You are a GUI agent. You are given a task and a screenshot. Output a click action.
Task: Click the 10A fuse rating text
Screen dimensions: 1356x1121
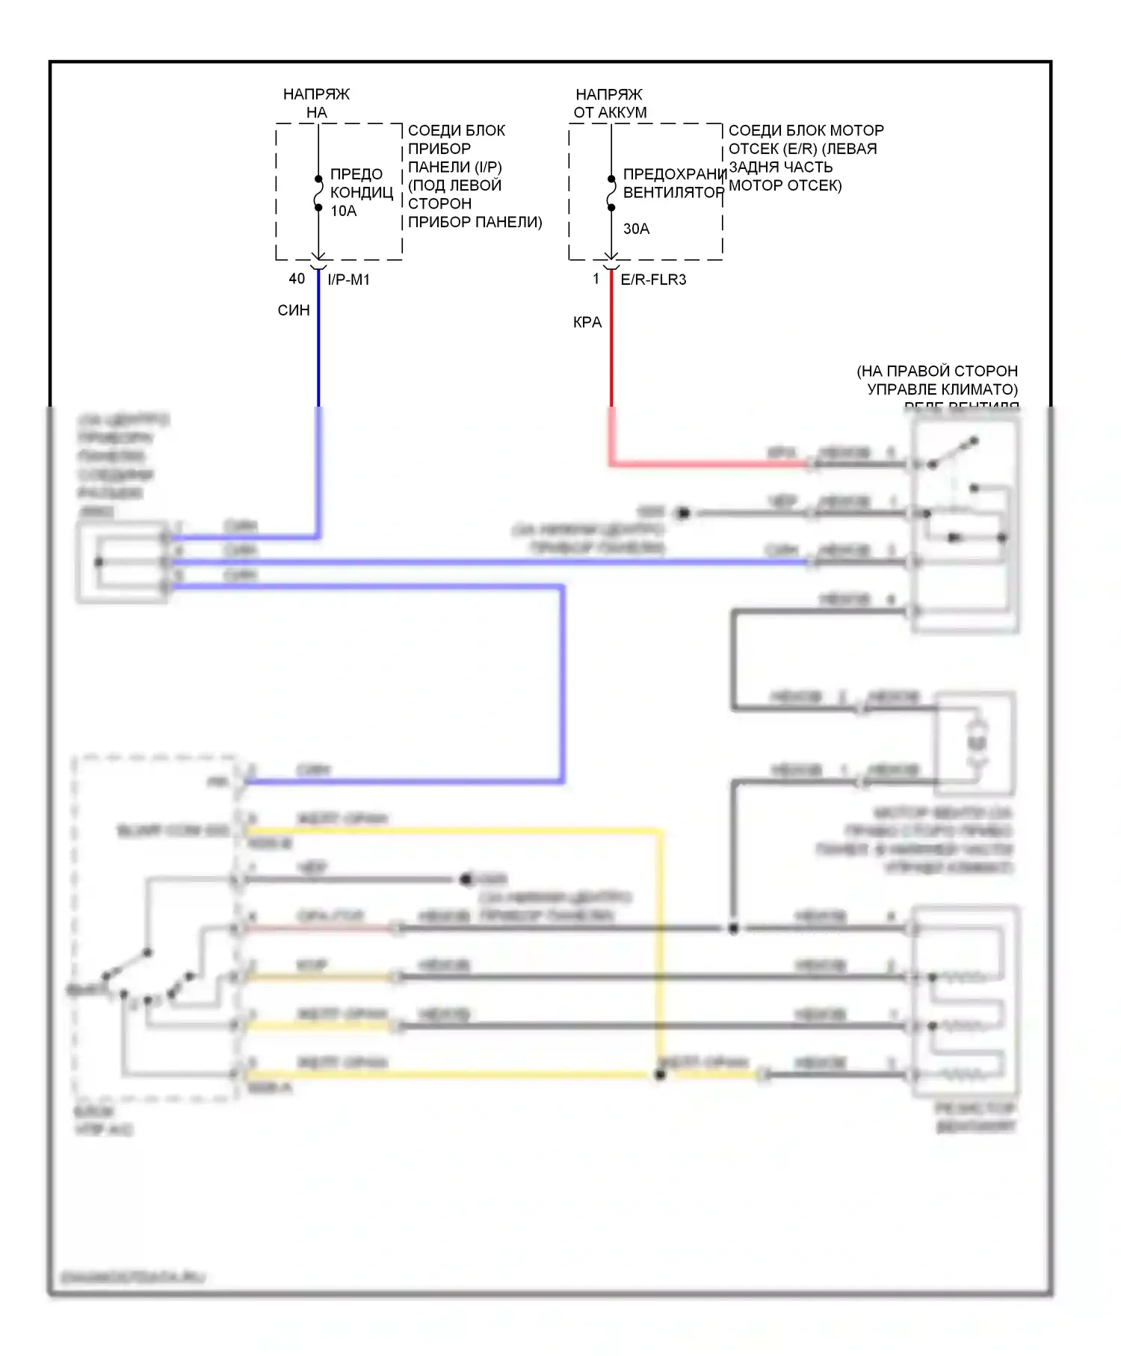coord(343,211)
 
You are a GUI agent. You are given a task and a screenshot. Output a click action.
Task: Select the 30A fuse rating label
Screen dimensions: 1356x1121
coord(636,229)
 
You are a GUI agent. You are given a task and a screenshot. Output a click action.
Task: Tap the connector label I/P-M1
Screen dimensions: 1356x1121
coord(348,280)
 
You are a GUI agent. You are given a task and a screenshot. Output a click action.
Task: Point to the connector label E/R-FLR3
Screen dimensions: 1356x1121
coord(653,280)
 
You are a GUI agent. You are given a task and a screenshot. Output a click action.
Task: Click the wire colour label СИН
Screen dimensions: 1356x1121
coord(294,310)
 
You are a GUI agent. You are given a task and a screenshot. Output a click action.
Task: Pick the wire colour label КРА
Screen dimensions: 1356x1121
coord(587,322)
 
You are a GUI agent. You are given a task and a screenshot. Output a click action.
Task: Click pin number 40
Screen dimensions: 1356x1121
coord(297,279)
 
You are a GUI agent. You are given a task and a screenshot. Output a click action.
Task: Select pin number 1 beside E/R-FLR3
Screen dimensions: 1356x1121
coord(596,279)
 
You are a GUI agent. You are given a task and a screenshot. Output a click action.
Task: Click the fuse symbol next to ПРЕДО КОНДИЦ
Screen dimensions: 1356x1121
coord(318,193)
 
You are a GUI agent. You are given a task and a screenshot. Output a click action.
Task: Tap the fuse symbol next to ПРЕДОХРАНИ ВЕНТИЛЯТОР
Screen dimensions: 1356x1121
coord(611,193)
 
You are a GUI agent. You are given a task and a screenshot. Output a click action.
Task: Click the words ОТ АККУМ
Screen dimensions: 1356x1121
coord(610,112)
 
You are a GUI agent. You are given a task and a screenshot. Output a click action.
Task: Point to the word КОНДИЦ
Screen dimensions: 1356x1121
coord(362,192)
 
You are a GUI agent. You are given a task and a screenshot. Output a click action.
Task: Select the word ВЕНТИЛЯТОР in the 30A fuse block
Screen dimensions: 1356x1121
coord(673,192)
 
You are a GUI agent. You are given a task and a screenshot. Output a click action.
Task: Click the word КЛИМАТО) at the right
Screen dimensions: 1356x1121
coord(982,389)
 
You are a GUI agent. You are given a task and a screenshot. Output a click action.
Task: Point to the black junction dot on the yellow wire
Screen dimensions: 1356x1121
coord(660,1074)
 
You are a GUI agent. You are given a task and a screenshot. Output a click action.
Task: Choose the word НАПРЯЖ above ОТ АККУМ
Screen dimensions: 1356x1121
coord(608,94)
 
